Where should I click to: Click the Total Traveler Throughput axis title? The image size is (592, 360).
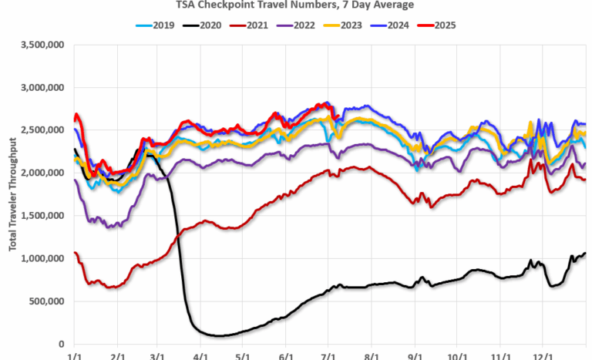(x=12, y=194)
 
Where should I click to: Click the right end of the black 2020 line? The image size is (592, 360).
(x=585, y=253)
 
